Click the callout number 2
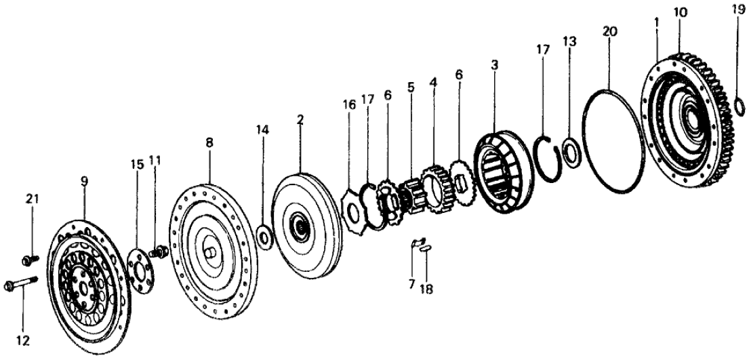tap(300, 120)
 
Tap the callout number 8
tap(209, 143)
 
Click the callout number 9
tap(84, 181)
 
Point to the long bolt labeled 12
tap(19, 285)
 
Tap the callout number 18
tap(426, 289)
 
